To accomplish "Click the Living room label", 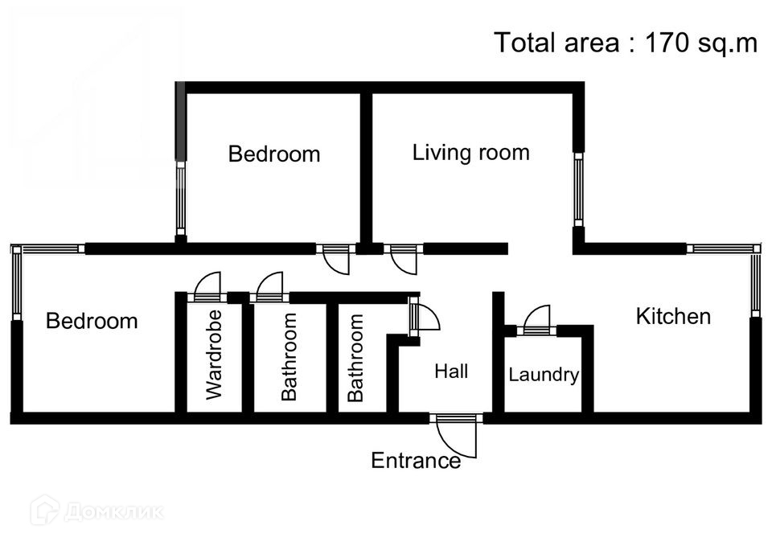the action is point(470,153).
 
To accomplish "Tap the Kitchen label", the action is point(673,316).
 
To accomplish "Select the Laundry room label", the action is point(544,375).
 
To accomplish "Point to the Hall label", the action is point(451,372).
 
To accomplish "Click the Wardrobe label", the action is point(213,355).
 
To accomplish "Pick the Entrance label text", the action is point(415,461).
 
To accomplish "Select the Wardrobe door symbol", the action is point(207,287).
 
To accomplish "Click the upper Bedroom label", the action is point(274,154).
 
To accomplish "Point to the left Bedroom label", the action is point(92,322).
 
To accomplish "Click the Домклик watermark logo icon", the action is point(44,510).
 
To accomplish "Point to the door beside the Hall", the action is point(423,317).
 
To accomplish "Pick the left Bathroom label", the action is point(289,356).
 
